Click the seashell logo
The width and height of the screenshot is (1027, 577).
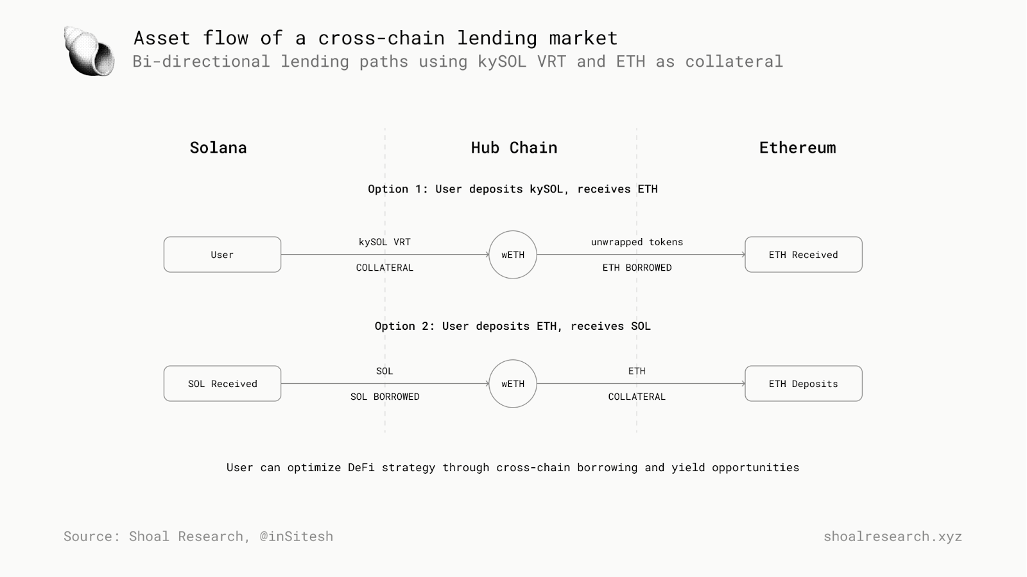pyautogui.click(x=89, y=51)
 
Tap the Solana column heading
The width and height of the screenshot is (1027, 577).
pyautogui.click(x=218, y=148)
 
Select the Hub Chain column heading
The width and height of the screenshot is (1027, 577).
pyautogui.click(x=514, y=148)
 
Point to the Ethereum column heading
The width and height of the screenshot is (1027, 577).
pyautogui.click(x=797, y=148)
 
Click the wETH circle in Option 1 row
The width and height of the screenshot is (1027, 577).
pyautogui.click(x=513, y=231)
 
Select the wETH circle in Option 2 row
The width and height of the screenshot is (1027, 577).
pyautogui.click(x=513, y=360)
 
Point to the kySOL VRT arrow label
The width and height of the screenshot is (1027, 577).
pyautogui.click(x=384, y=242)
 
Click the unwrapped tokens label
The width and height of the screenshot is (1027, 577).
pyautogui.click(x=637, y=242)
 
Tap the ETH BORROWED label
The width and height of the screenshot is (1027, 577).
pyautogui.click(x=637, y=268)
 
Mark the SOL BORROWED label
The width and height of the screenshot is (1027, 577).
pyautogui.click(x=384, y=397)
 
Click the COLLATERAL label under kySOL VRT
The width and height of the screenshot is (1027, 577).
pyautogui.click(x=384, y=268)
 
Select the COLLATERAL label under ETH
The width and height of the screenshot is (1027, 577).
pyautogui.click(x=637, y=397)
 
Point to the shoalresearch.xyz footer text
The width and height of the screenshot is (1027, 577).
pyautogui.click(x=893, y=536)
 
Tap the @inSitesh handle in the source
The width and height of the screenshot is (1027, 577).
pyautogui.click(x=296, y=536)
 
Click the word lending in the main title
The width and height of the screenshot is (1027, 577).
pyautogui.click(x=497, y=38)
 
